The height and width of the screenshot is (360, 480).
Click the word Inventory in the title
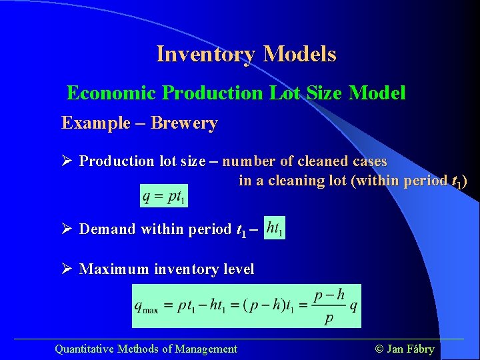(x=205, y=54)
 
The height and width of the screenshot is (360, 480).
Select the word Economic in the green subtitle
(x=112, y=93)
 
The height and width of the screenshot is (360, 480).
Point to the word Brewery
(x=184, y=123)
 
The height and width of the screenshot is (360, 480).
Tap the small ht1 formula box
(x=274, y=228)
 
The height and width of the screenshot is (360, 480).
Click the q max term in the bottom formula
(x=147, y=306)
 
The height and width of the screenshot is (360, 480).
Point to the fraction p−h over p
(x=329, y=306)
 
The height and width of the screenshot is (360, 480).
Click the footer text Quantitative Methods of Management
(x=146, y=349)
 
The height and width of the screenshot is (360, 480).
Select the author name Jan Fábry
(x=411, y=349)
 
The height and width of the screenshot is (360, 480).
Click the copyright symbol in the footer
(x=381, y=349)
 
